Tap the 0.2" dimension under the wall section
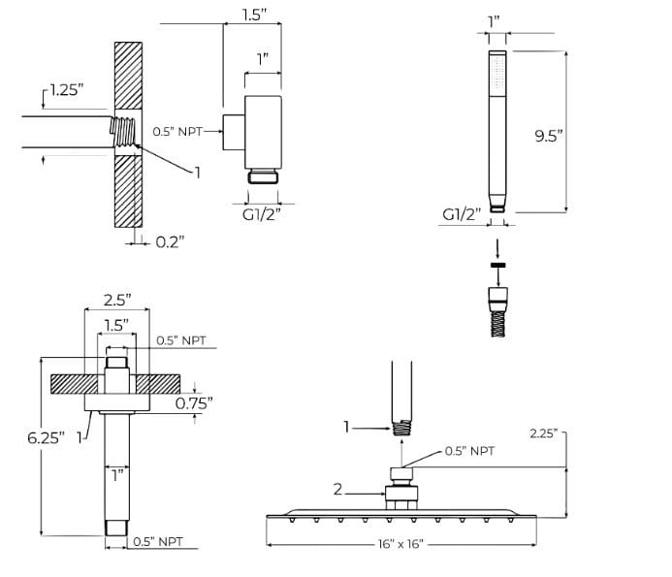click(x=170, y=241)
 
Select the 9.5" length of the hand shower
click(x=549, y=136)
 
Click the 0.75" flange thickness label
click(x=194, y=403)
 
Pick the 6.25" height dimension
click(x=45, y=437)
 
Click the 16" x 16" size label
click(x=400, y=544)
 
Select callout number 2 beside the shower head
click(x=338, y=490)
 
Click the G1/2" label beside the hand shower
click(x=462, y=214)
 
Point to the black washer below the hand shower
click(x=497, y=265)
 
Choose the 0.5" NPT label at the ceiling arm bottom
click(x=156, y=541)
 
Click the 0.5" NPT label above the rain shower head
click(x=469, y=451)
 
